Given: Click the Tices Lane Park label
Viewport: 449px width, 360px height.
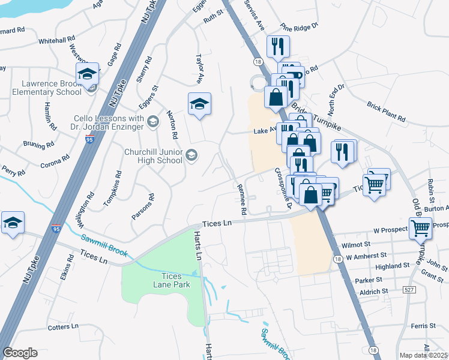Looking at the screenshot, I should coord(175,280).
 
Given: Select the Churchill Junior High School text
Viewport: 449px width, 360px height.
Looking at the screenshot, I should coord(153,157).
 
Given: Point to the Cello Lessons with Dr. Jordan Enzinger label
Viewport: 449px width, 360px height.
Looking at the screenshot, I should coord(109,123).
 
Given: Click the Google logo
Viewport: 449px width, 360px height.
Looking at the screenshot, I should coord(20,353).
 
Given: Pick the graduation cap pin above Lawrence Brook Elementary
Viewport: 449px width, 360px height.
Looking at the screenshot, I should coord(88,74).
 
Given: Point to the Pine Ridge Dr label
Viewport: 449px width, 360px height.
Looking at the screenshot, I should coord(298,28).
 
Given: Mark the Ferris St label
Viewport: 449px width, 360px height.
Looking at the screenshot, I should coord(424,325).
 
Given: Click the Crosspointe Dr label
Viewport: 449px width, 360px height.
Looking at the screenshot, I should coord(282,187).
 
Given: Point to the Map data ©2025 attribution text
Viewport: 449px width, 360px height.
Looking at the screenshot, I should coord(424,355).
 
